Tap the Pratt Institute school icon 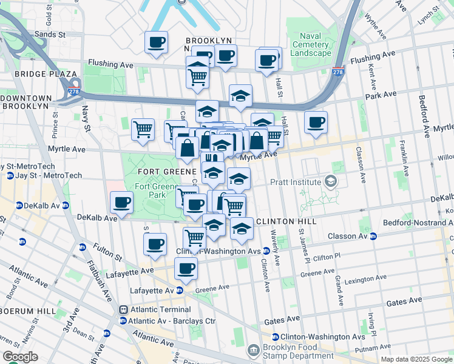tap(330, 181)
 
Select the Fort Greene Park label tap(150, 191)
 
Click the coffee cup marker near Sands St tap(156, 42)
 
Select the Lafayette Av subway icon tap(179, 291)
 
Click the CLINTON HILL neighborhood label tap(286, 222)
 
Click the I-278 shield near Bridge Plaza tap(74, 92)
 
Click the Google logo tap(20, 357)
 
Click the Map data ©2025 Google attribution tap(416, 359)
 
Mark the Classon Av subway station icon tap(373, 236)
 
